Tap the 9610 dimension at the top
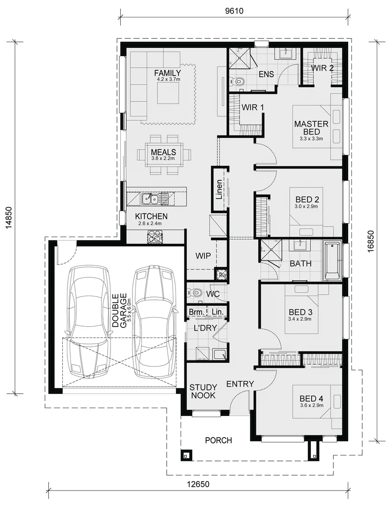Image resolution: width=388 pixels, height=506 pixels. (x=234, y=10)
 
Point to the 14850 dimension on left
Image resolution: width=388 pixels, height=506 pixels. (x=8, y=218)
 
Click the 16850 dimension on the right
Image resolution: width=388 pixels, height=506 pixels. (x=370, y=241)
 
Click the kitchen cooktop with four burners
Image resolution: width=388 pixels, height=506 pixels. (x=154, y=237)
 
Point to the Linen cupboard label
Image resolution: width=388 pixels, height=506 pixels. (x=220, y=188)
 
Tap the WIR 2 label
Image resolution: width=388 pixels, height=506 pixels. (x=322, y=68)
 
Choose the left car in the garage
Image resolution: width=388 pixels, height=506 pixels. (x=88, y=322)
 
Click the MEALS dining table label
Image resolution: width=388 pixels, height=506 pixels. (x=163, y=152)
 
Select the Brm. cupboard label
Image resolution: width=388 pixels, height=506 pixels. (x=196, y=312)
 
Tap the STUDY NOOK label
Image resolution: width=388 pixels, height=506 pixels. (x=203, y=391)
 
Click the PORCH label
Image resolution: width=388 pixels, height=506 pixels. (x=218, y=440)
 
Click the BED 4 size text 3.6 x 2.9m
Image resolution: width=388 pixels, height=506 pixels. (x=312, y=405)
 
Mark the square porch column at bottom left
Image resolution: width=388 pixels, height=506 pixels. (x=186, y=454)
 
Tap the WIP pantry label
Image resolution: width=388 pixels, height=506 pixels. (x=204, y=256)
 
